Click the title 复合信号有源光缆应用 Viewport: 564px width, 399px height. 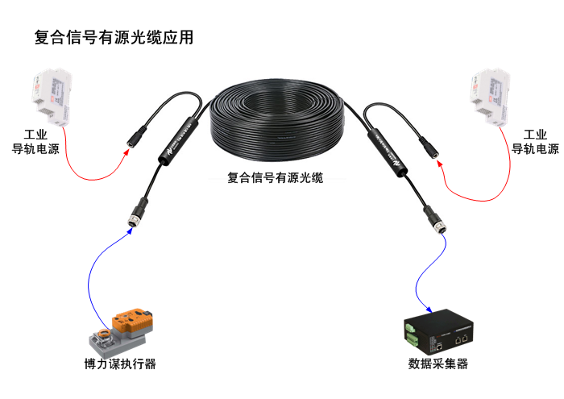(x=114, y=38)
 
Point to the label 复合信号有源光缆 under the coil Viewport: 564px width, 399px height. (x=276, y=178)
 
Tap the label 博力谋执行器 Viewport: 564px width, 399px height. (x=120, y=364)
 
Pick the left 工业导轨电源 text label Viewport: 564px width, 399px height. (x=35, y=142)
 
